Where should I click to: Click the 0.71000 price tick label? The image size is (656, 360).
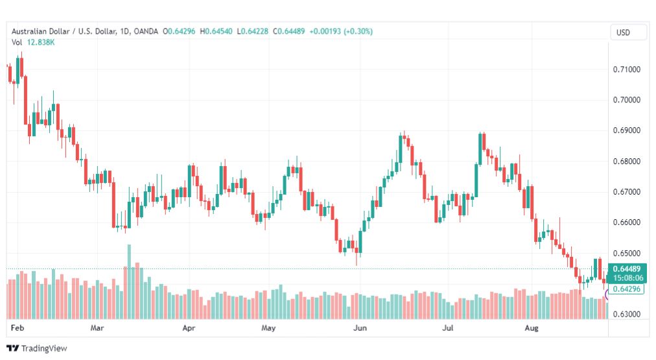(x=626, y=69)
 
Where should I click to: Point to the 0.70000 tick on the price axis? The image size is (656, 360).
(x=626, y=100)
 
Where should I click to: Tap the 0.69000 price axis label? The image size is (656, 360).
(x=626, y=130)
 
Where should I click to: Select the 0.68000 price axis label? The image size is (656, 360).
(x=626, y=161)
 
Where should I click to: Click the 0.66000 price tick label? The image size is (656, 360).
(x=626, y=222)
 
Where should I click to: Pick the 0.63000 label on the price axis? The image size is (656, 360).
(x=626, y=314)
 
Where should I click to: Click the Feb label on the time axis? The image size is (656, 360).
(x=18, y=328)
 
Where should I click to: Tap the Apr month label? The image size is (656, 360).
(x=189, y=328)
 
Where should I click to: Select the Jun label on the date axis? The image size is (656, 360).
(x=360, y=328)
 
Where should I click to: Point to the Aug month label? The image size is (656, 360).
(x=532, y=328)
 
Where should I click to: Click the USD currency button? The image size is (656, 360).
(x=623, y=32)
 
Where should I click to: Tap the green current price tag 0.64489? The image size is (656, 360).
(x=627, y=269)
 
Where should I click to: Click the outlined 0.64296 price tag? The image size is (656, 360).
(x=626, y=289)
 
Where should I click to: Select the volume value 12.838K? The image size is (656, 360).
(x=41, y=42)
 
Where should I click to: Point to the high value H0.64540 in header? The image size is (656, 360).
(x=216, y=31)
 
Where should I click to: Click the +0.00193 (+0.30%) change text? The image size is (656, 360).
(x=340, y=31)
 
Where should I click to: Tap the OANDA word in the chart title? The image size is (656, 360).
(x=146, y=31)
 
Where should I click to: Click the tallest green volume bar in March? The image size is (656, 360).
(x=129, y=282)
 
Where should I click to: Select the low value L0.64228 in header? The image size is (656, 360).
(x=252, y=31)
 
